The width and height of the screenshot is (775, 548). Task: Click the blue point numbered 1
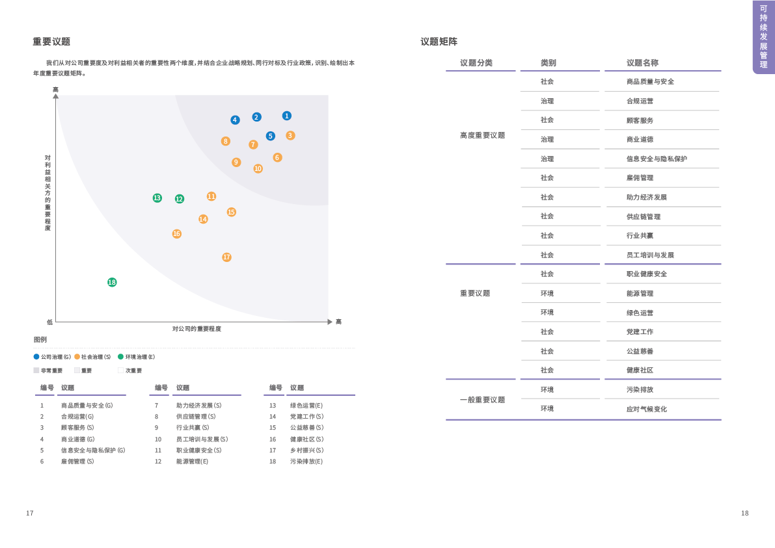coord(286,116)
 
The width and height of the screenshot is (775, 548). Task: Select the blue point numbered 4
coord(235,120)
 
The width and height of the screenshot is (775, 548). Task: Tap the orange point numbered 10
coord(258,168)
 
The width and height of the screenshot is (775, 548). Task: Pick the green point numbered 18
coord(112,282)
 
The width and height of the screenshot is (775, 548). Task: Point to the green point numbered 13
coord(157,198)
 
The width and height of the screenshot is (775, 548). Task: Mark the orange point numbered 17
coord(226,257)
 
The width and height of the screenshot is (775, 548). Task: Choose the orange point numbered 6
coord(277,157)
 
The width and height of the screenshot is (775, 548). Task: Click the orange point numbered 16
coord(176,234)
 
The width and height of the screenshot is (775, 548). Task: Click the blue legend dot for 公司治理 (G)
coord(36,357)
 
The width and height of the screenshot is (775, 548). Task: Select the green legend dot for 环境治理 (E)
coord(120,357)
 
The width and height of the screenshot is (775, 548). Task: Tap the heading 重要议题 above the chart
coord(51,42)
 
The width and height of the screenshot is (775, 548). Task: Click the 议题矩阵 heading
coord(439,42)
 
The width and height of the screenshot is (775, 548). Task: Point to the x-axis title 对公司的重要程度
coord(197,329)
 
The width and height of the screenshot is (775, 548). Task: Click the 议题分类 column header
coord(476,63)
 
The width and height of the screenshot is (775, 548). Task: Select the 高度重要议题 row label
coord(482,135)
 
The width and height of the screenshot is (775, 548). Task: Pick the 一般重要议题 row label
coord(482,400)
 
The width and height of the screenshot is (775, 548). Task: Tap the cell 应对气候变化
coord(646,409)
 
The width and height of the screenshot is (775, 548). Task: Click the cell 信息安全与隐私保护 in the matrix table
coord(656,159)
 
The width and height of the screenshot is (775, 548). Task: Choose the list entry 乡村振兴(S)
coord(306,450)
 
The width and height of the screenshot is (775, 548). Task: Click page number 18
coord(744,513)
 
